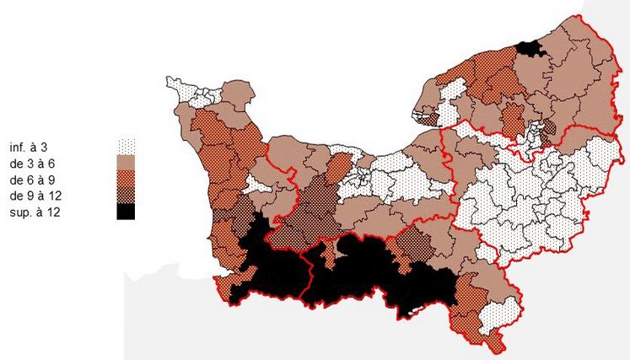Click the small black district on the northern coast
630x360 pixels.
530,49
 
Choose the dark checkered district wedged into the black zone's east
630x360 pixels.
413,244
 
